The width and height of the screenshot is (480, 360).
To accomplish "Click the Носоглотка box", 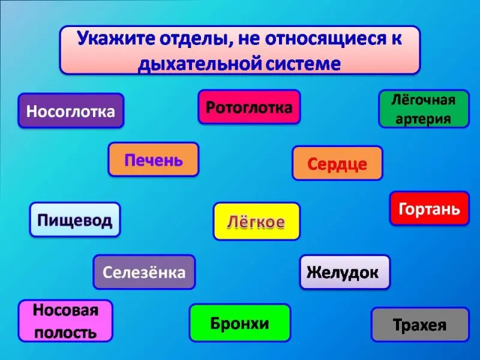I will (x=71, y=111).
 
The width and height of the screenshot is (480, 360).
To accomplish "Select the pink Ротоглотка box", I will (x=249, y=107).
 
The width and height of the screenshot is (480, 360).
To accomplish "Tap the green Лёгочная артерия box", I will (x=424, y=109).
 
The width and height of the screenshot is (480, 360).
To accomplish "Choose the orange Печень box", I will (x=154, y=160).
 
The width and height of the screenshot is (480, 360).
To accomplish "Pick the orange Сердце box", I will (x=337, y=163).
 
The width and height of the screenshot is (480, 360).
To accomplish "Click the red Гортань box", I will (x=430, y=208).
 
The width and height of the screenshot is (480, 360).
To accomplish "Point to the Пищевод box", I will (x=75, y=220).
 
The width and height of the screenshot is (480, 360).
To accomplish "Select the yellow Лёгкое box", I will (x=256, y=221).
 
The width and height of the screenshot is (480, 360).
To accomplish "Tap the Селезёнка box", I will (x=144, y=272).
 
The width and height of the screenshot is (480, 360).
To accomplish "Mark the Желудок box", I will (x=345, y=272).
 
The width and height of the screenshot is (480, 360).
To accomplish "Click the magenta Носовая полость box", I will (x=65, y=320).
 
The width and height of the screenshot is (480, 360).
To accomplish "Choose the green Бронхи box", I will (x=239, y=323).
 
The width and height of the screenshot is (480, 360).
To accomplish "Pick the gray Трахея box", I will (x=420, y=325).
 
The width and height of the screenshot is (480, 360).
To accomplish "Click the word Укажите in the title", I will (x=115, y=39).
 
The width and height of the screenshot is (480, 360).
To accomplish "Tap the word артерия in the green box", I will (x=424, y=118).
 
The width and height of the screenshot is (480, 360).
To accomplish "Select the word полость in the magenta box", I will (x=65, y=331).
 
